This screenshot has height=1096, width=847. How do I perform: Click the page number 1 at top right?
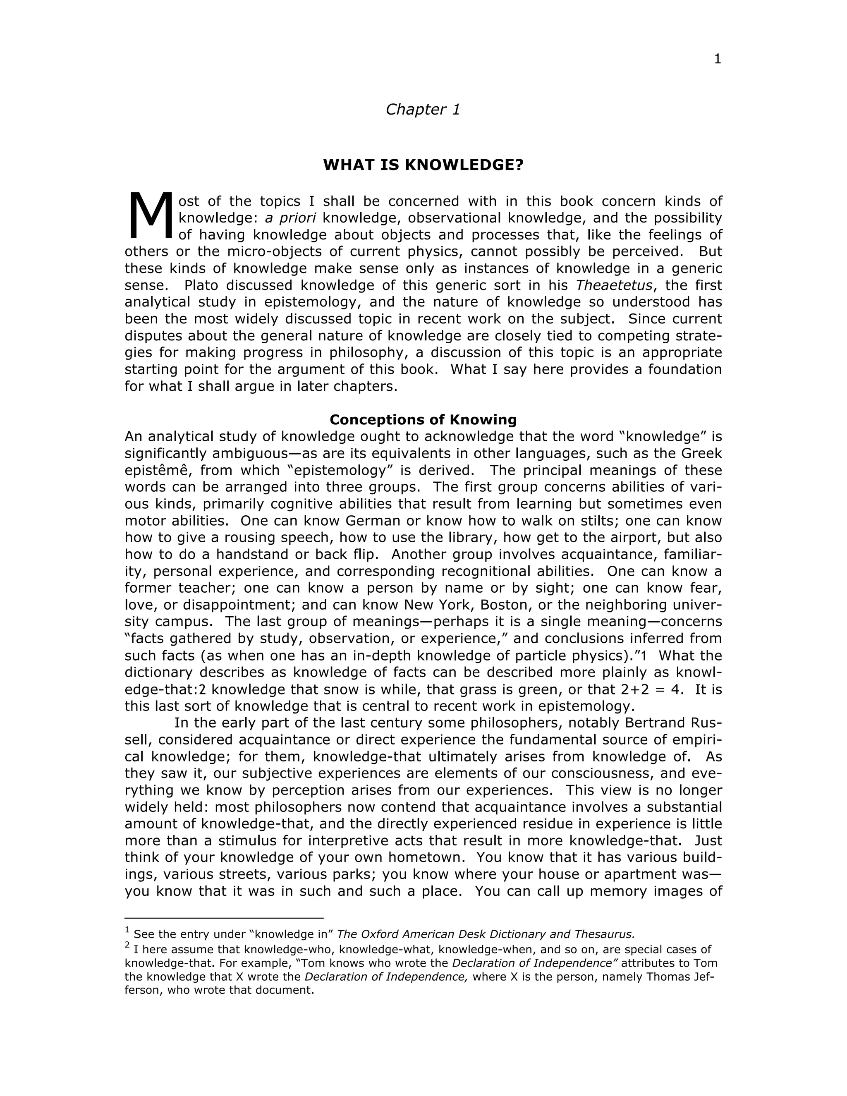point(717,59)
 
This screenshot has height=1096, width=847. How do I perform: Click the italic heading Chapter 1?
point(423,110)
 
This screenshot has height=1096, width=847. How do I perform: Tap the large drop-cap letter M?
point(150,217)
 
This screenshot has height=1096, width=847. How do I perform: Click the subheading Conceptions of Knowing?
point(423,419)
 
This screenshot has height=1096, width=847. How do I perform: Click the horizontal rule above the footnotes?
point(224,918)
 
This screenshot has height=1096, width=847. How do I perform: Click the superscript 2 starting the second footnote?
point(127,945)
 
